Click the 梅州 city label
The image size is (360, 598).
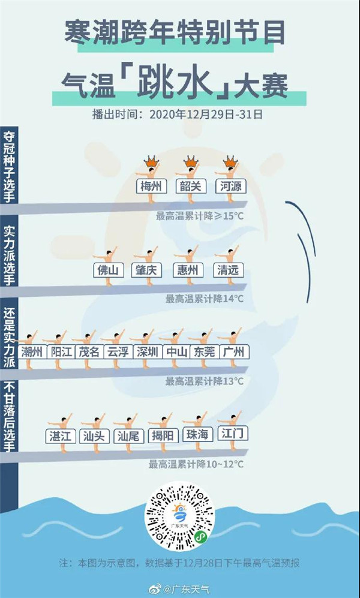tap(151, 186)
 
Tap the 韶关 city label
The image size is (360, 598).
tap(189, 186)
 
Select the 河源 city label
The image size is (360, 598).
tap(230, 186)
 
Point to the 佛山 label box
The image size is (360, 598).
tap(109, 270)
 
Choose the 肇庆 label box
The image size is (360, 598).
tap(146, 270)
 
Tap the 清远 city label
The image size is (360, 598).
tap(229, 270)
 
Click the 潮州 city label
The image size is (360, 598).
tap(31, 351)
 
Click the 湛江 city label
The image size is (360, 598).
tap(61, 435)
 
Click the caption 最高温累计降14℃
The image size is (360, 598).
tap(205, 298)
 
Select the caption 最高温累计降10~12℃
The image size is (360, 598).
tap(196, 464)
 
